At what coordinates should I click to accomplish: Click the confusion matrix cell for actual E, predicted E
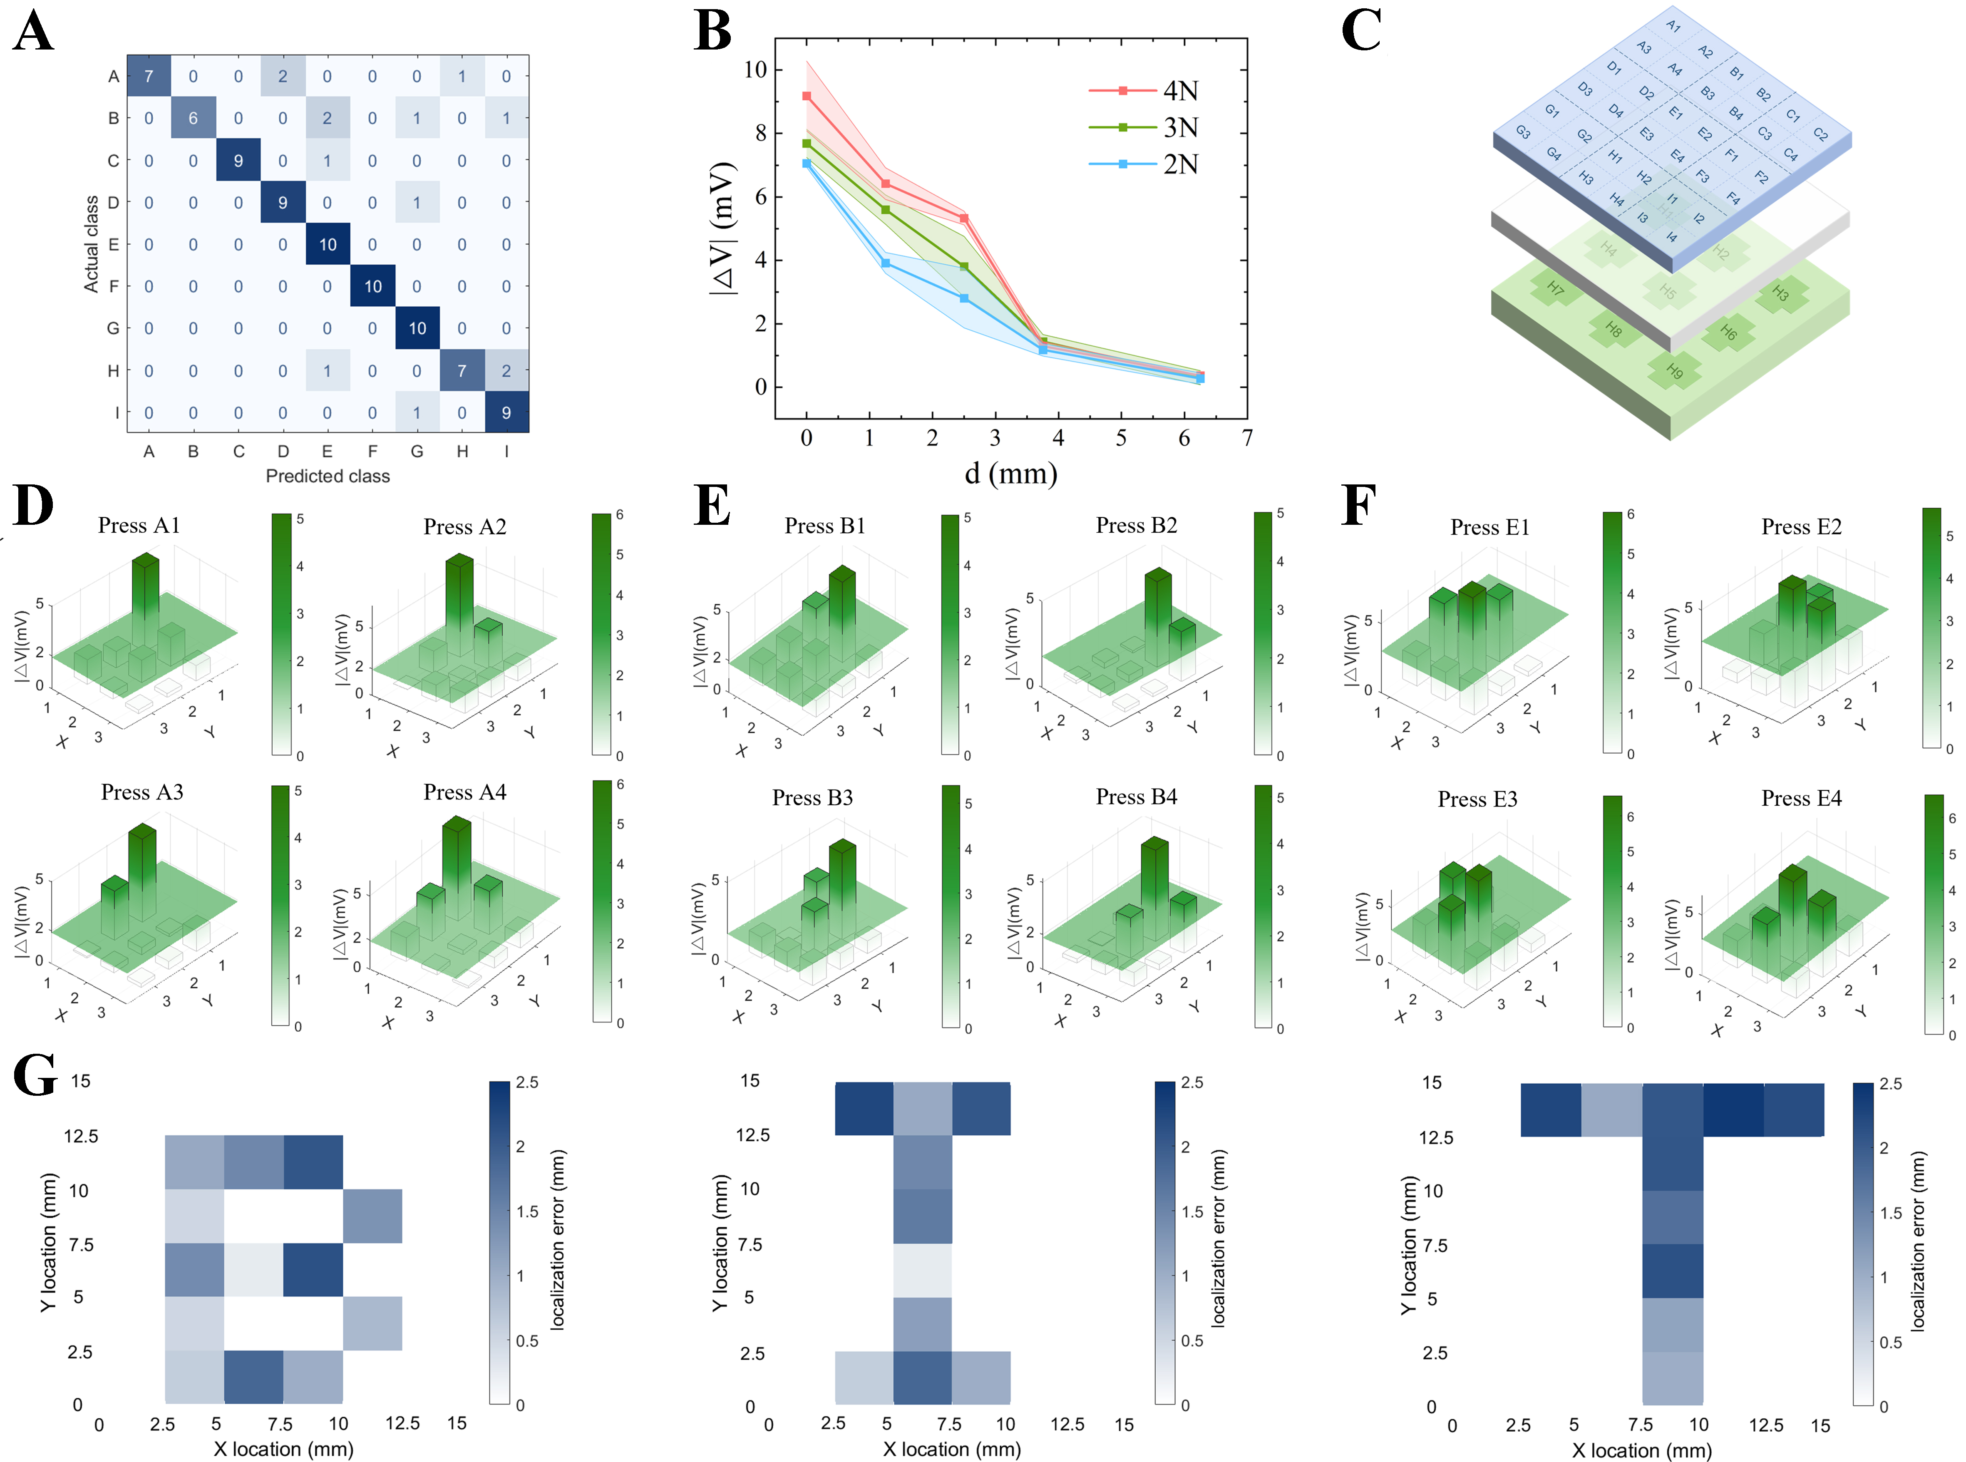[x=328, y=244]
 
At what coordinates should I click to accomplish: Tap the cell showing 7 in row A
[x=149, y=76]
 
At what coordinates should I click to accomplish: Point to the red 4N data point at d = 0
[x=806, y=96]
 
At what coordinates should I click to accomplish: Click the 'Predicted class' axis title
[x=328, y=476]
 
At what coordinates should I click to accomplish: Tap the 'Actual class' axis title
[x=91, y=244]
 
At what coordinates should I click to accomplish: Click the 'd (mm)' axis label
[x=1010, y=474]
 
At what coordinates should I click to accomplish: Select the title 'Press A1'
[x=139, y=526]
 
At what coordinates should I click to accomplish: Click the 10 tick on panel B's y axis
[x=755, y=69]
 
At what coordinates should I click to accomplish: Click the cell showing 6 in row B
[x=193, y=118]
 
